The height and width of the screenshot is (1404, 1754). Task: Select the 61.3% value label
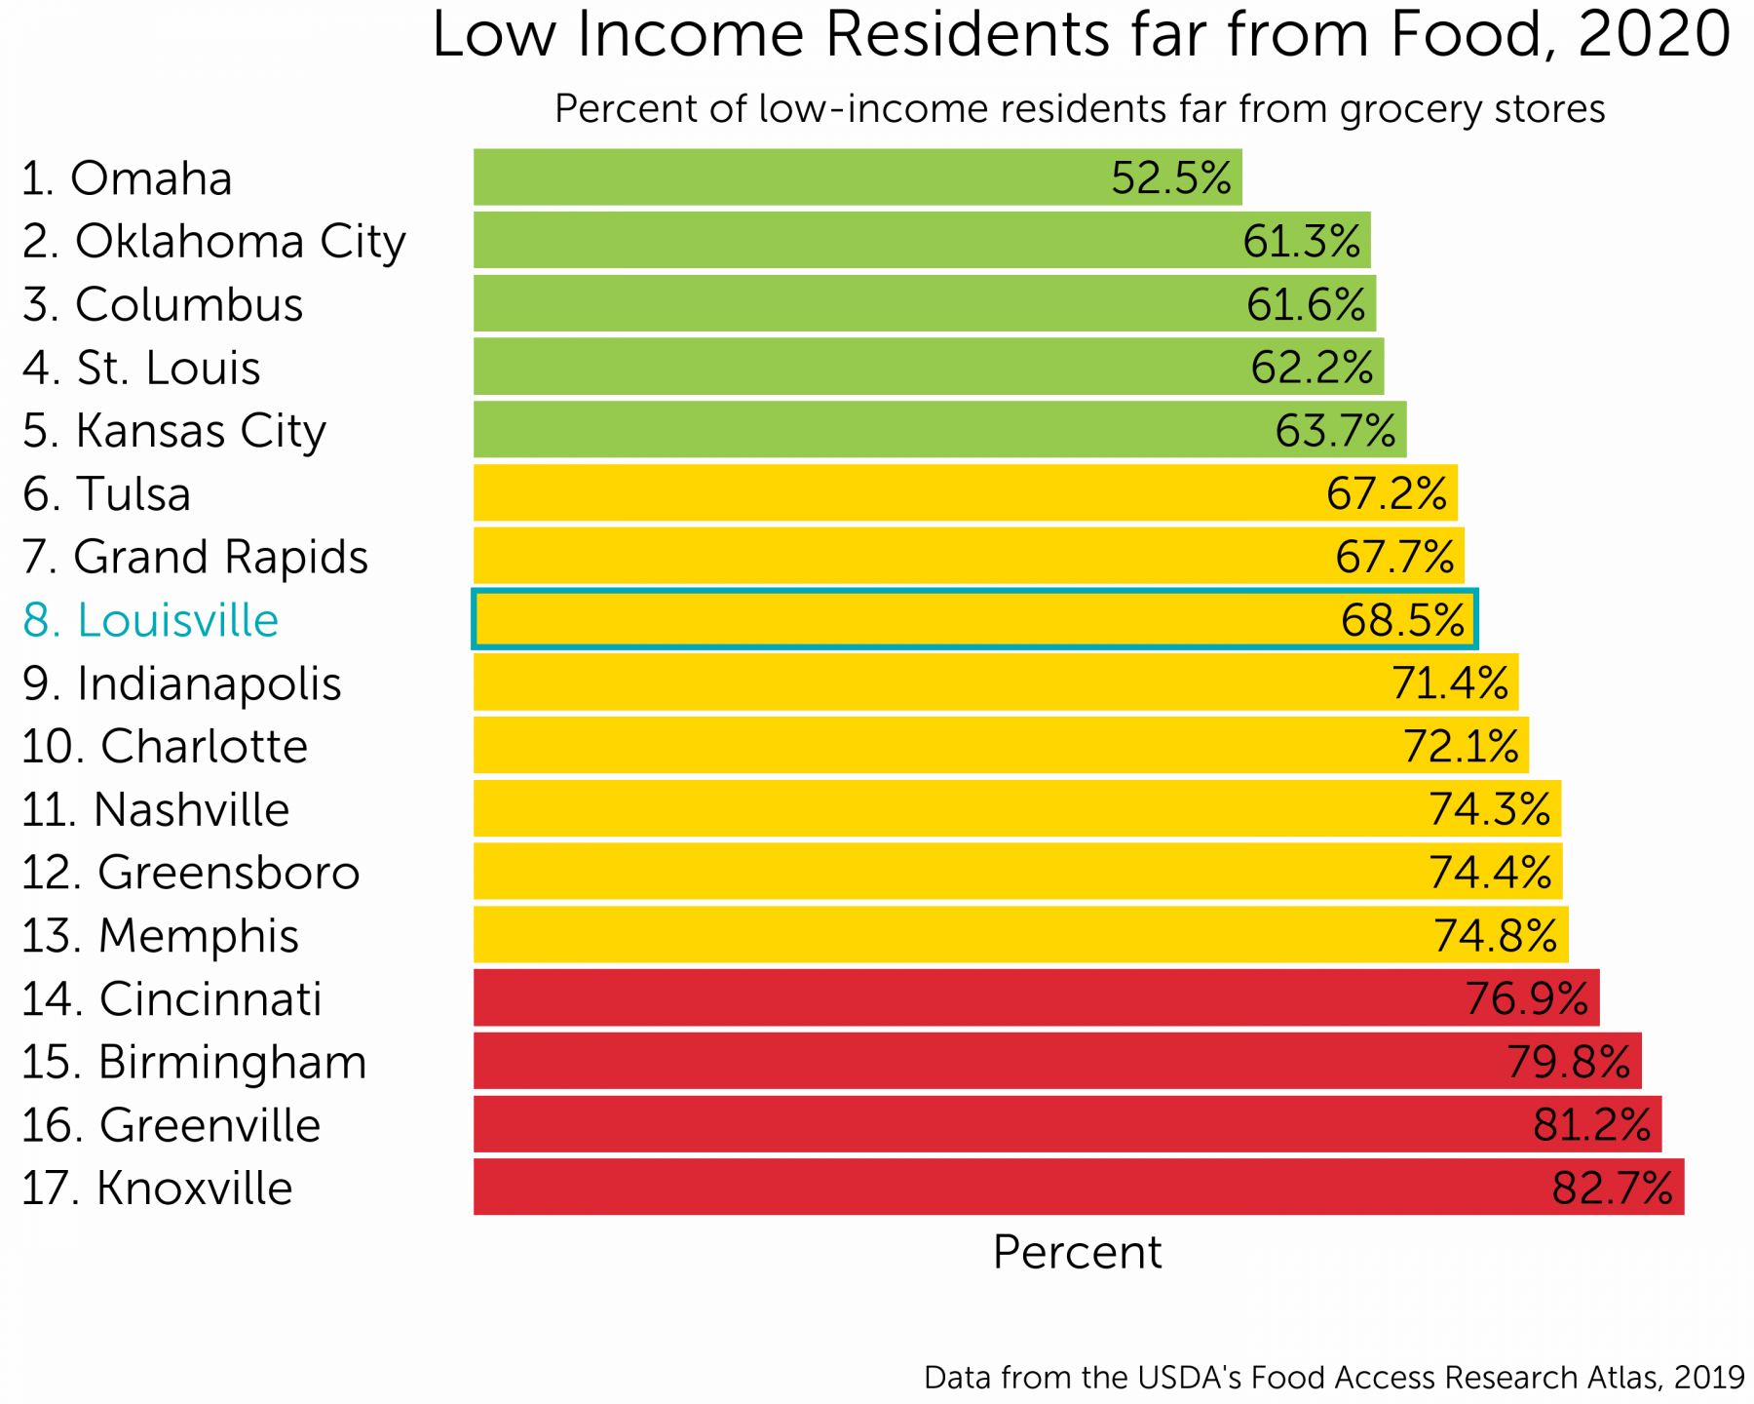(x=1301, y=241)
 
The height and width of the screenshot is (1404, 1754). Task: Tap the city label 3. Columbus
(x=163, y=304)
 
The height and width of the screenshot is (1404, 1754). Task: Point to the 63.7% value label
(x=1335, y=430)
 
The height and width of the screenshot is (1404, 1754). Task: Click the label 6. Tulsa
(x=107, y=493)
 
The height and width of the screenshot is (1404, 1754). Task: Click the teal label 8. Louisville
(x=151, y=620)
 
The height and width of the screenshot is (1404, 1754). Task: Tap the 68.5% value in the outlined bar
(x=1402, y=620)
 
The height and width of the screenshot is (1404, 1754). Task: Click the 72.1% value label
(x=1461, y=746)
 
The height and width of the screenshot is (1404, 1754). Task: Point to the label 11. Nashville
(x=156, y=809)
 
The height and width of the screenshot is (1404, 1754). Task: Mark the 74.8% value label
(x=1495, y=935)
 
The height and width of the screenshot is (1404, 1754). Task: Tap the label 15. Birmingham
(x=194, y=1062)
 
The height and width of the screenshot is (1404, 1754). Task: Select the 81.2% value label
(x=1591, y=1124)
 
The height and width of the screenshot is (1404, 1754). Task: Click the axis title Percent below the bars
(x=1077, y=1252)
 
